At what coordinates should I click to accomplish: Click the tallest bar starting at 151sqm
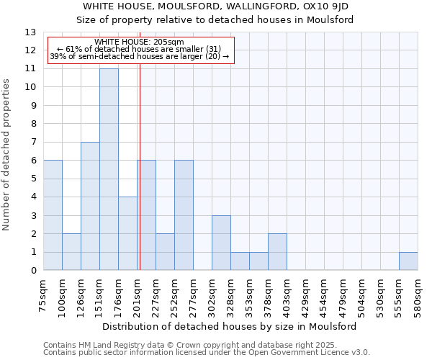[109, 169]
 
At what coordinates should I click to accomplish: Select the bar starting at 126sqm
[90, 206]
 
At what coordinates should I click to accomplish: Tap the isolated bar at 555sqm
[408, 261]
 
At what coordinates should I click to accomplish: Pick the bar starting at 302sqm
[221, 243]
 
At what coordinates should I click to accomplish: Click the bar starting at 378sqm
[277, 252]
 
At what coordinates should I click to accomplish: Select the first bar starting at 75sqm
[53, 215]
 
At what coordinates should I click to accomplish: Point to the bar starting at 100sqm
[71, 252]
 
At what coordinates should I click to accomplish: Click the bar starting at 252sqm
[184, 215]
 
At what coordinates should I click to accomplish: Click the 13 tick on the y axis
[31, 32]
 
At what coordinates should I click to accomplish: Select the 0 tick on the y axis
[32, 271]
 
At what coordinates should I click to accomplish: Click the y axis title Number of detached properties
[6, 155]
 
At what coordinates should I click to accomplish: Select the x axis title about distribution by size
[230, 326]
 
